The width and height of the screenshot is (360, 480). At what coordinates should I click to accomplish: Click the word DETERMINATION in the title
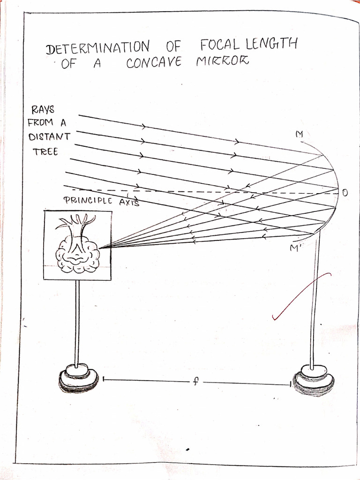point(98,47)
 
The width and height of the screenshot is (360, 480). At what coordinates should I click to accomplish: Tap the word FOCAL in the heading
point(220,45)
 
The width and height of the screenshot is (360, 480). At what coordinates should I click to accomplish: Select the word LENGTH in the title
point(271,45)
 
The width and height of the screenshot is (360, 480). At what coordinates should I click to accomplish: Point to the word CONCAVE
point(154,63)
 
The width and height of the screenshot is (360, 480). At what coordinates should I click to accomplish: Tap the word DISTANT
point(49,137)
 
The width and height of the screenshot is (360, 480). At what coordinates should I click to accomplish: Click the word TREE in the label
point(45,151)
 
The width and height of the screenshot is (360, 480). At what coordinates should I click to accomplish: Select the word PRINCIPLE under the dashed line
point(88,201)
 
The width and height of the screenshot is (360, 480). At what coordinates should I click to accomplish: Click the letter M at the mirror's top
point(299,135)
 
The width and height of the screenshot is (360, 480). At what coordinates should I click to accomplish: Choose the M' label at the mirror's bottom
point(294,248)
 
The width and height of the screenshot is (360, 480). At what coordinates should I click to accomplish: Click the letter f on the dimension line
point(196,382)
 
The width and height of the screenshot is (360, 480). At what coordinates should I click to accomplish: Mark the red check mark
point(301,295)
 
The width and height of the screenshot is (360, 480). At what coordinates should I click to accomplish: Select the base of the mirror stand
point(313,381)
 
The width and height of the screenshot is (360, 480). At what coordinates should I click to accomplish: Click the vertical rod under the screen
point(77,322)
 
